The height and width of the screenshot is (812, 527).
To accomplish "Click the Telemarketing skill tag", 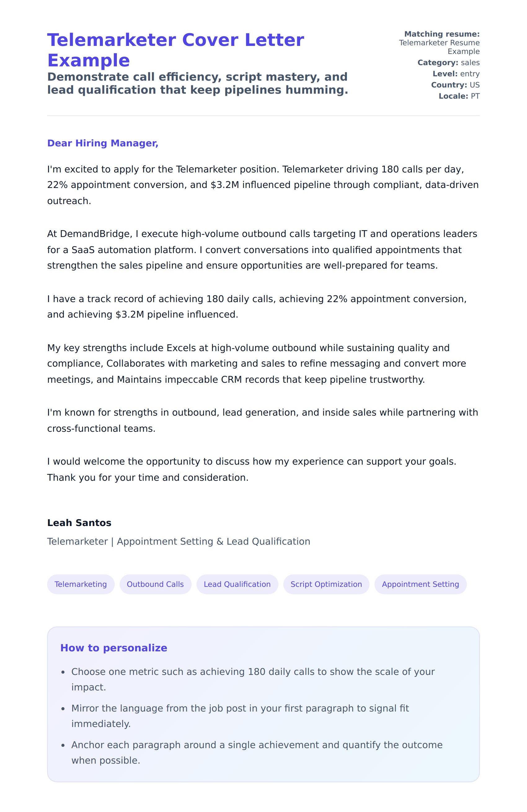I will point(81,584).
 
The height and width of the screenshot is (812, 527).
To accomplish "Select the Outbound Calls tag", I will point(155,584).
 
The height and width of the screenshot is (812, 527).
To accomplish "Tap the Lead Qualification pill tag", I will point(237,584).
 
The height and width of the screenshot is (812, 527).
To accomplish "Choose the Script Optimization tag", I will point(326,584).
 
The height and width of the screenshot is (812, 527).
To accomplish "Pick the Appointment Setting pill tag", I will point(420,584).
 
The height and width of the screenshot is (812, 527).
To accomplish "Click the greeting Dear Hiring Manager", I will point(103,143).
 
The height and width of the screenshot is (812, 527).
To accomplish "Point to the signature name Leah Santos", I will point(79,523).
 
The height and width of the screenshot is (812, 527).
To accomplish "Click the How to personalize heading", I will point(113,648).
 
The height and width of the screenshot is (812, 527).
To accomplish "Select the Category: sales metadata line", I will point(448,63).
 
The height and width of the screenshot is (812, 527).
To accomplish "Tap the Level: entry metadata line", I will point(456,74).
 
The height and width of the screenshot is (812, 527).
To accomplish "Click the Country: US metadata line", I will point(455,85).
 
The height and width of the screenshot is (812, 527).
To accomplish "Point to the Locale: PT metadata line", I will point(459,96).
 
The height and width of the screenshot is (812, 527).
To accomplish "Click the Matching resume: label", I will point(442,34).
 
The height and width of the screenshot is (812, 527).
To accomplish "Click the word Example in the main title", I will point(88,61).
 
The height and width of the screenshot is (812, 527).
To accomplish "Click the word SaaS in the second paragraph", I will point(83,250).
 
